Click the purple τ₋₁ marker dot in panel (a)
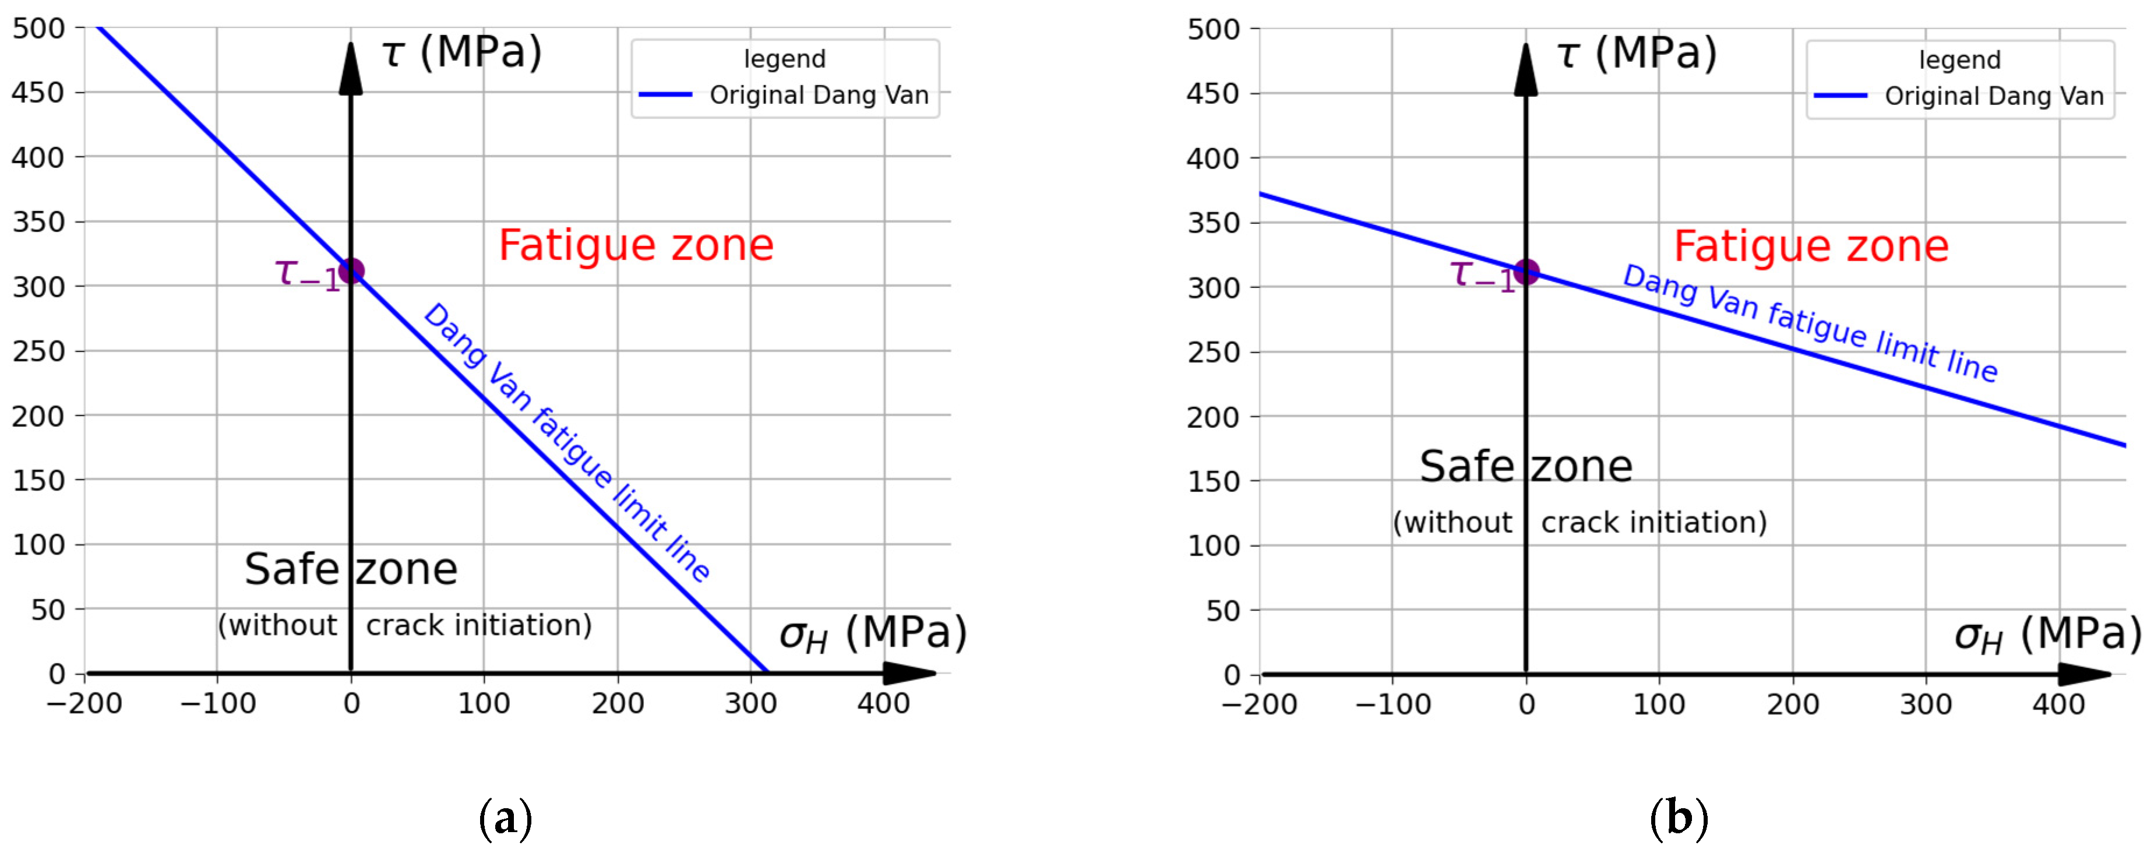[350, 271]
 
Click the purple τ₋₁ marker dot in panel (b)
[1526, 272]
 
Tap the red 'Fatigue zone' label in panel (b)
[1811, 246]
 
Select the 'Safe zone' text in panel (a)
[351, 569]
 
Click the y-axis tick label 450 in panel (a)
[38, 93]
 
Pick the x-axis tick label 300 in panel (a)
[751, 703]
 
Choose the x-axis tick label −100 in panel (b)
[1392, 704]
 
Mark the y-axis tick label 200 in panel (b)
[1212, 417]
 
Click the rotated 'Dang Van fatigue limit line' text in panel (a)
[567, 442]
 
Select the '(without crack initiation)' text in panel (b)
[1580, 523]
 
